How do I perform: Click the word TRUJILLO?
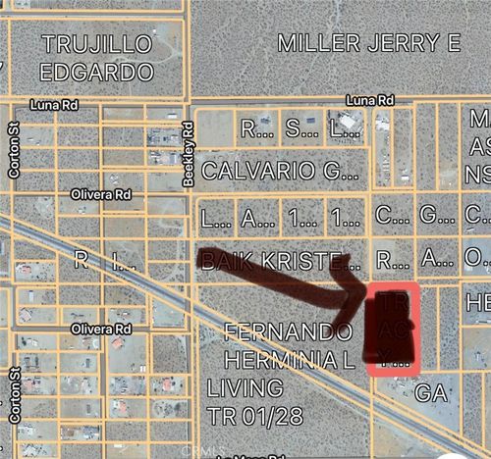click(97, 43)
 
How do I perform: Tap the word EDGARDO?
click(97, 72)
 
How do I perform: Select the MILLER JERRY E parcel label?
click(369, 42)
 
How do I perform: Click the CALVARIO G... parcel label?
click(280, 171)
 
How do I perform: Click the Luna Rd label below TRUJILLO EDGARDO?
click(53, 103)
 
